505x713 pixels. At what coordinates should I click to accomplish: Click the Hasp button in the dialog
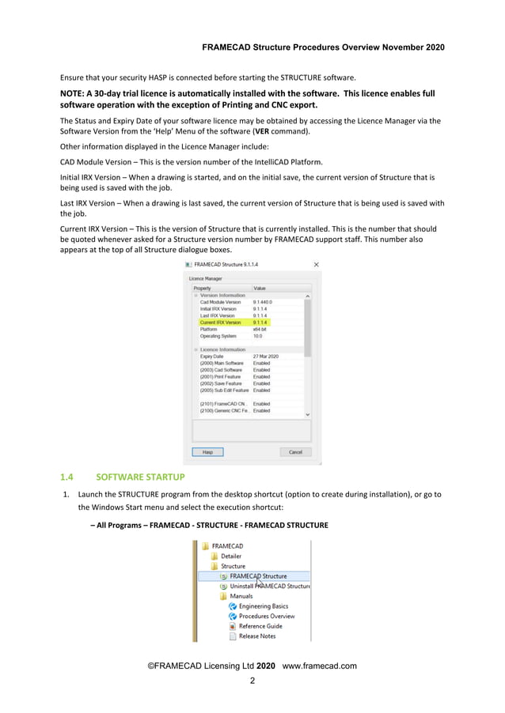(208, 452)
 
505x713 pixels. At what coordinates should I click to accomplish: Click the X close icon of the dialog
(316, 264)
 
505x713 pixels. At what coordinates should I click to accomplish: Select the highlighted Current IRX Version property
(221, 323)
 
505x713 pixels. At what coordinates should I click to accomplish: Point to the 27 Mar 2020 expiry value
(266, 356)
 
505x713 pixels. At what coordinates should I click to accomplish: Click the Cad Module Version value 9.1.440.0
(264, 302)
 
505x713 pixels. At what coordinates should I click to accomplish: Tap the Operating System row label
(218, 336)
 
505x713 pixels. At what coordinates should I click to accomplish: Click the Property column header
(204, 288)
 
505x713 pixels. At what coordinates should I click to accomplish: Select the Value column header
(259, 288)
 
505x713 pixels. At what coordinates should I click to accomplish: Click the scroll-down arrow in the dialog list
(308, 414)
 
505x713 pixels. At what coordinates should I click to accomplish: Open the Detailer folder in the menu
(230, 556)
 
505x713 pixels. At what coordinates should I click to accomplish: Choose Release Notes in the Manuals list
(256, 636)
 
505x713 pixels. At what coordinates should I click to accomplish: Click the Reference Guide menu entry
(260, 626)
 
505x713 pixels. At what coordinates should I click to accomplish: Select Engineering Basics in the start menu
(263, 606)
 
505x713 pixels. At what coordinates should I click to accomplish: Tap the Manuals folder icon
(224, 596)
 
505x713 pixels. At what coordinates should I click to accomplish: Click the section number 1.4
(67, 477)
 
